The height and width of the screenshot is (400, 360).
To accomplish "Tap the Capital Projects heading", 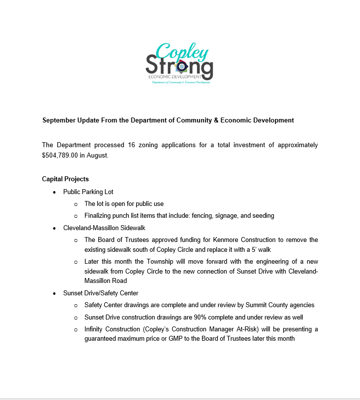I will (65, 179).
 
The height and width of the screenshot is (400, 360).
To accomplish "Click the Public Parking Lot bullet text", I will (88, 192).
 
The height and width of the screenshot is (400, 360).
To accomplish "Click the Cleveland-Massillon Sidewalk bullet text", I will (103, 228).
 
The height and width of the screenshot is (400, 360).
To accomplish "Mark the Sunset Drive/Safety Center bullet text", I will (100, 293).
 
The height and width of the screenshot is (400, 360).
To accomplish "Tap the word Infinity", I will (95, 329).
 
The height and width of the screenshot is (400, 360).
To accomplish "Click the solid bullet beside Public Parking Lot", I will (54, 192).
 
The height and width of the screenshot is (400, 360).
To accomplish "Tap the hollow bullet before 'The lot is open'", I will (76, 204).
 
